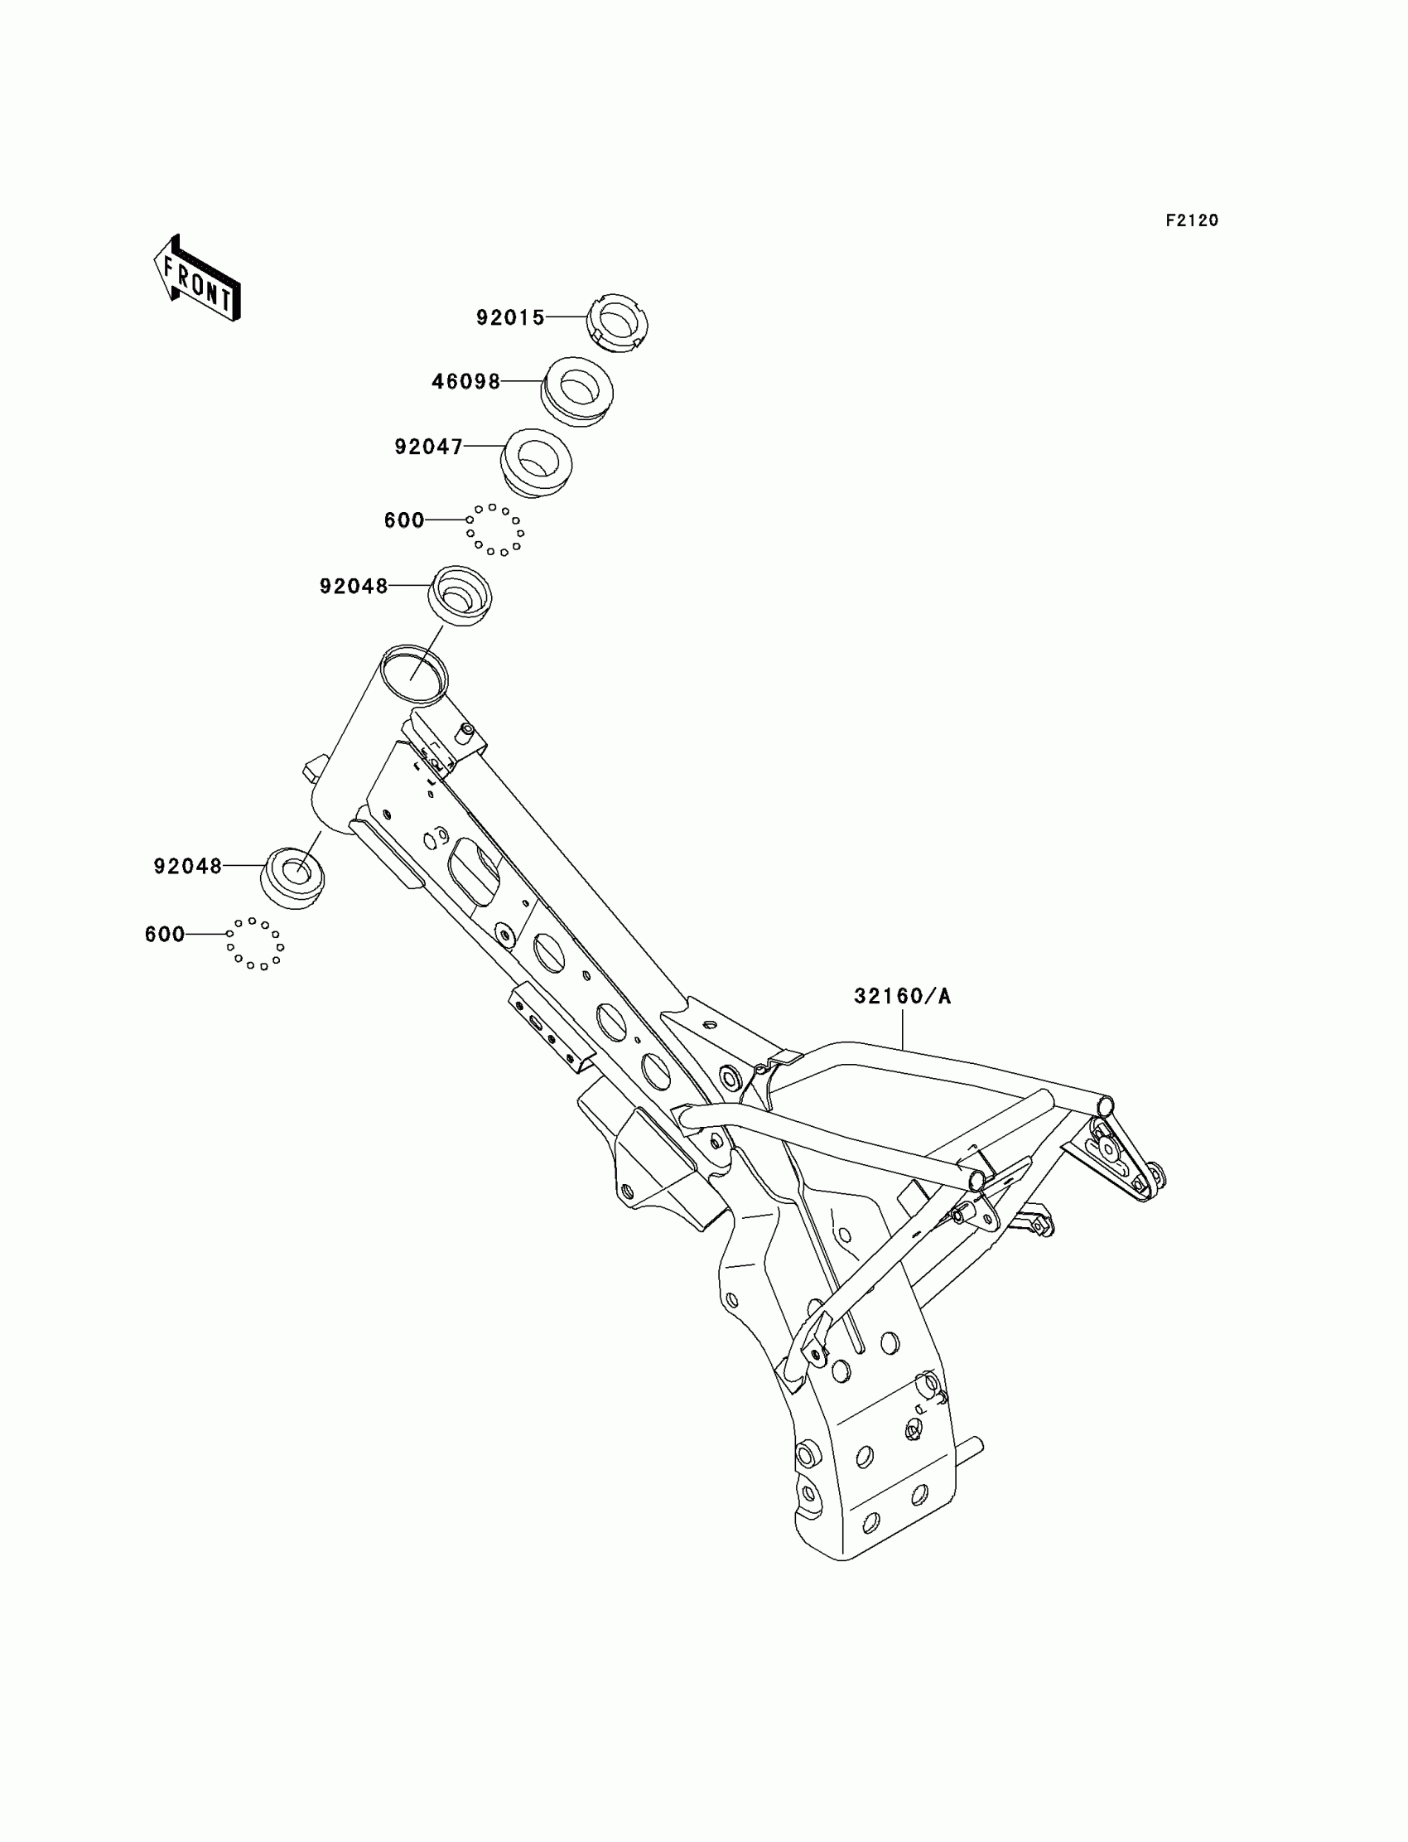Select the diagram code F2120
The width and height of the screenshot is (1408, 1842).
pos(1191,220)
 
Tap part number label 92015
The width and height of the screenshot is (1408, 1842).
pos(510,317)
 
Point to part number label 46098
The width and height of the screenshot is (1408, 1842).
pos(465,382)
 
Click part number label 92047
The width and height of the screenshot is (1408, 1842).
pos(428,447)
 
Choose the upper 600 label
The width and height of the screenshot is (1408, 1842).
pos(404,520)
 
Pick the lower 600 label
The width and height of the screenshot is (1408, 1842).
pos(164,934)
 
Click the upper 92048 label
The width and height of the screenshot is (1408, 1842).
pos(354,586)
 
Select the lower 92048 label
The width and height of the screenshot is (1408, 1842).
pos(188,866)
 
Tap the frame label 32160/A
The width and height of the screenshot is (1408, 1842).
pos(902,996)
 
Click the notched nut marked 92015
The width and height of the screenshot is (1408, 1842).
pos(617,323)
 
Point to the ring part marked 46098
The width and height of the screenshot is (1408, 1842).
pos(576,392)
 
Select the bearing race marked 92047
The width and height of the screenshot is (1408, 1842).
pos(537,463)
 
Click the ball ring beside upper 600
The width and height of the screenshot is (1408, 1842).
pos(495,529)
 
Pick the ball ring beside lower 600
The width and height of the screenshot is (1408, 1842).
pos(256,944)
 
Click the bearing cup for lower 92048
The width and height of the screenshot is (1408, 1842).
pos(293,877)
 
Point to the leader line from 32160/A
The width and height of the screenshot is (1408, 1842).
pos(903,1030)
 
